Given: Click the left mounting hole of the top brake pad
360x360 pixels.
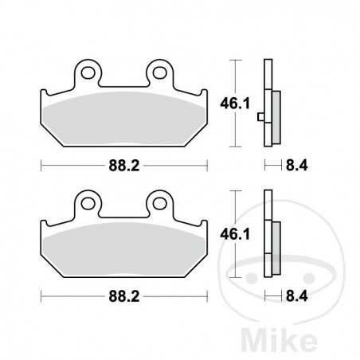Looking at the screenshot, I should coord(88,74).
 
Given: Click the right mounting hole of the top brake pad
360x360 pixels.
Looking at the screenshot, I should coord(161,74).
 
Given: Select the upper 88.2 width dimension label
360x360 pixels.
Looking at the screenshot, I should coord(125,166).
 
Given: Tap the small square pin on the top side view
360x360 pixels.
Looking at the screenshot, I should coord(261,119).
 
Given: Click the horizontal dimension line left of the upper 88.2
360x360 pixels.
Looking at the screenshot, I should coord(72,166).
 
